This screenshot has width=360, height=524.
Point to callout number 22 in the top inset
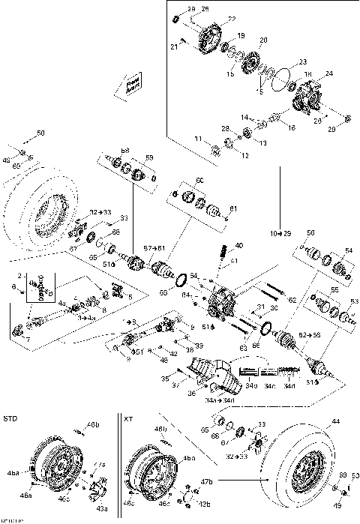(231, 19)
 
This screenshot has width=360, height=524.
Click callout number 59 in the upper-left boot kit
(149, 157)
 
